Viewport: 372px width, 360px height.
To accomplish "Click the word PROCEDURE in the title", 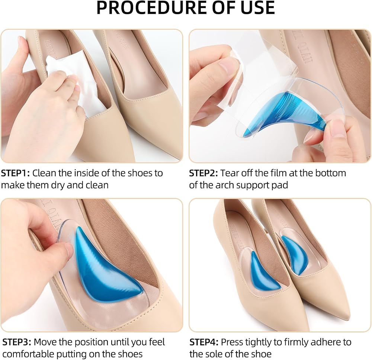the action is coord(152,8).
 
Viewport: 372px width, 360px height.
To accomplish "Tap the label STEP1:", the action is coord(15,173).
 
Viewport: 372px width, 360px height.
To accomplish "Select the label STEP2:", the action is coord(203,173).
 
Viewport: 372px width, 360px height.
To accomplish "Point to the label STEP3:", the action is coord(17,342).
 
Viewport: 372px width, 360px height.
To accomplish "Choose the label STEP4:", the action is coord(204,342).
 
